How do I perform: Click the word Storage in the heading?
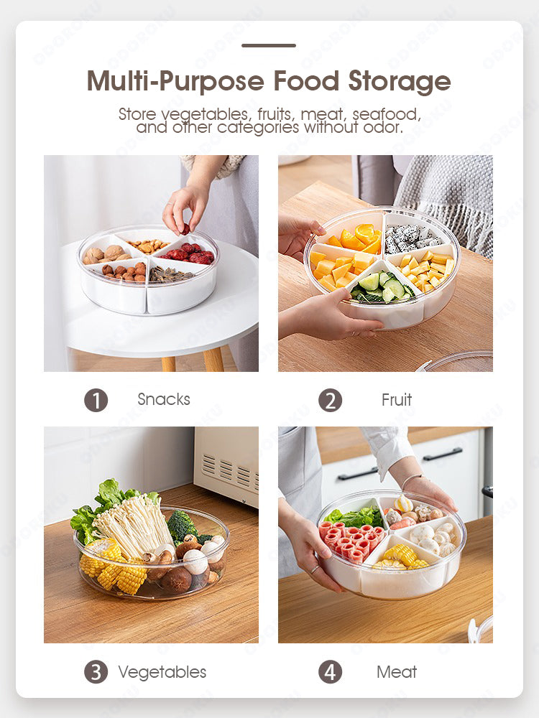(x=399, y=82)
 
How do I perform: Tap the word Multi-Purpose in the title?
(x=176, y=82)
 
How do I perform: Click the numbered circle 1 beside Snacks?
(x=96, y=400)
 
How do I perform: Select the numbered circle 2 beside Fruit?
(x=331, y=400)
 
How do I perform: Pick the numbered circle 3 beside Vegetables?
(x=96, y=672)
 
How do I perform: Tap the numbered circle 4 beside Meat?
(x=331, y=672)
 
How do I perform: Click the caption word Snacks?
(x=164, y=399)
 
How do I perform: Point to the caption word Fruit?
(x=397, y=400)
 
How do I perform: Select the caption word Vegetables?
(x=162, y=672)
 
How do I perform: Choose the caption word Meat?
(x=397, y=672)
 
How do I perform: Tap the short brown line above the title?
(x=269, y=45)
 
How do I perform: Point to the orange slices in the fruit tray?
(x=356, y=237)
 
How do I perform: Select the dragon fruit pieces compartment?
(x=411, y=237)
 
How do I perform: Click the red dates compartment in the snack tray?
(x=189, y=252)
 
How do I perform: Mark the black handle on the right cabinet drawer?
(x=442, y=454)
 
